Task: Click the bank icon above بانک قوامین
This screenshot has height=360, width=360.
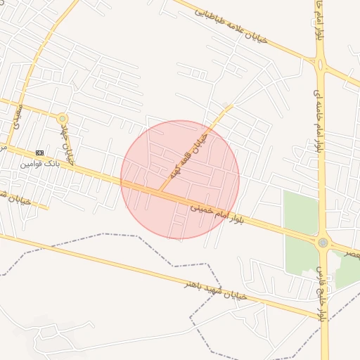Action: point(39,153)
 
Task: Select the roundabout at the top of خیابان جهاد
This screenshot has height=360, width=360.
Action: point(63,118)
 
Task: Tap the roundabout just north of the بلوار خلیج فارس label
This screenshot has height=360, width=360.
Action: point(323,243)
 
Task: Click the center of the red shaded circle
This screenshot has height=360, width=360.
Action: point(180,179)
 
